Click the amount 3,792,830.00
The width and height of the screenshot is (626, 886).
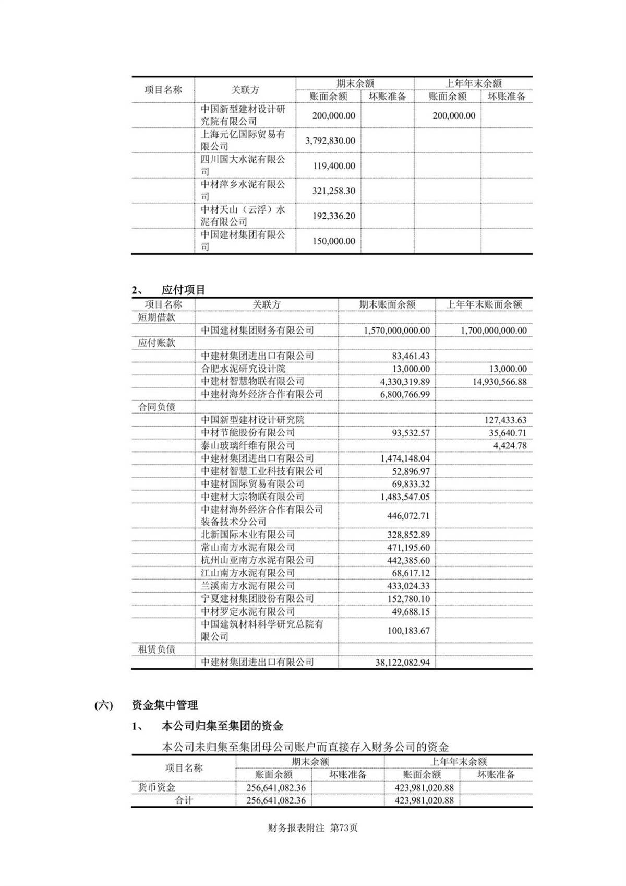(333, 141)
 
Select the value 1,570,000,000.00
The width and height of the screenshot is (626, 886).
(396, 330)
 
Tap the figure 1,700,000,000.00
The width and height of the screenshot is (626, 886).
(493, 330)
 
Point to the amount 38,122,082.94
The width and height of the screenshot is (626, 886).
(402, 663)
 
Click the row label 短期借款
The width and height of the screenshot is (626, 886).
(156, 317)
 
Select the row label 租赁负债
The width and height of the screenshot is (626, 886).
(156, 649)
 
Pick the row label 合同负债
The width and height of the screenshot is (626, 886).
(156, 407)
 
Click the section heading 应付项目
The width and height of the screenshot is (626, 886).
(184, 290)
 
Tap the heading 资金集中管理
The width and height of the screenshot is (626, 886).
(165, 705)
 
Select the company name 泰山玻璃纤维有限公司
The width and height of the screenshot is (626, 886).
(248, 445)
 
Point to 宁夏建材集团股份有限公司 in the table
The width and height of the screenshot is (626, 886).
(257, 598)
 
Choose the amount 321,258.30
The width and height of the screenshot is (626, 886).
(333, 191)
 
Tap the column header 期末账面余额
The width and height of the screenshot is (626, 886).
(387, 304)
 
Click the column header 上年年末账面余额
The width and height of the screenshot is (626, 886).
(484, 304)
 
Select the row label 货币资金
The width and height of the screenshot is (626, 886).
(156, 787)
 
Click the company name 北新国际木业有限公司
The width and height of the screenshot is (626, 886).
(248, 535)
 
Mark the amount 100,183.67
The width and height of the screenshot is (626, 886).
(408, 631)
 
